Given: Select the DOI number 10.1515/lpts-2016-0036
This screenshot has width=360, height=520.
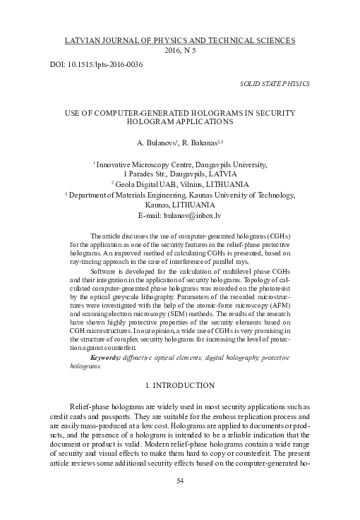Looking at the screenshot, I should point(102,65).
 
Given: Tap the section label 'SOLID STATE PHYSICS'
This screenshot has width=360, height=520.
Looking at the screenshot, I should point(275,83).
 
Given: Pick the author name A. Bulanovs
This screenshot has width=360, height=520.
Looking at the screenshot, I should point(157,142).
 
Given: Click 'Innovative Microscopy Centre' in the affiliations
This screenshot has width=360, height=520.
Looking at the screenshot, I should point(144,163).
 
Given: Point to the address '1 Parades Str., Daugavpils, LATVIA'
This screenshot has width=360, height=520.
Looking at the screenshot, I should point(180,172).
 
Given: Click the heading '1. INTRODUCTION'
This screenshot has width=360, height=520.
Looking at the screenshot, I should point(180,385).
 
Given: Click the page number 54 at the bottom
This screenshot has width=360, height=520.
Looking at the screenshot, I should point(179,500).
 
